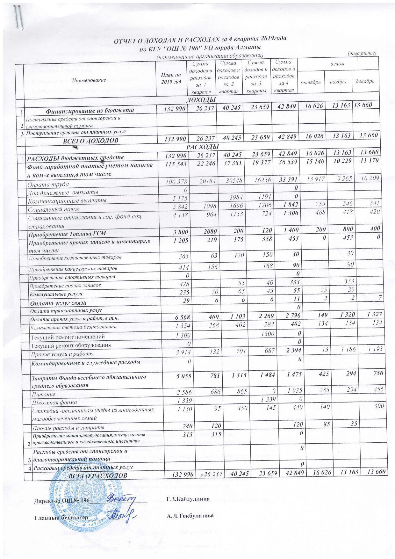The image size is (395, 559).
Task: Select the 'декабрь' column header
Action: (x=365, y=81)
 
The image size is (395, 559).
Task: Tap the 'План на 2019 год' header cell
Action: (x=173, y=77)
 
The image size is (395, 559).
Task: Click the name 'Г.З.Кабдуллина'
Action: (x=188, y=499)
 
